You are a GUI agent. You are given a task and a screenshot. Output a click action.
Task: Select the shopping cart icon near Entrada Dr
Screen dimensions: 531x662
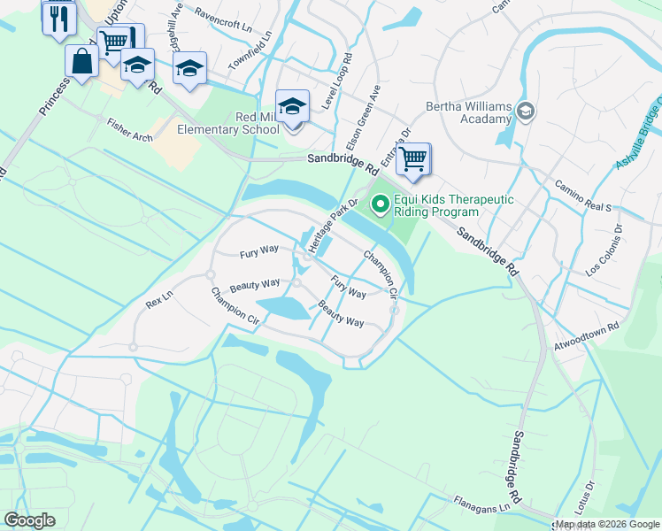pyautogui.click(x=412, y=160)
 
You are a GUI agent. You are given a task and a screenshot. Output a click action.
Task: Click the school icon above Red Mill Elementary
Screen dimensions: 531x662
pyautogui.click(x=293, y=107)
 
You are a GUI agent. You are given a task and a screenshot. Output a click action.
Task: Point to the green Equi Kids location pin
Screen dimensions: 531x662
pyautogui.click(x=381, y=205)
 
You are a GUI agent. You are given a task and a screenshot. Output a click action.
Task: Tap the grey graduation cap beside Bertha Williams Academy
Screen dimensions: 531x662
pyautogui.click(x=526, y=111)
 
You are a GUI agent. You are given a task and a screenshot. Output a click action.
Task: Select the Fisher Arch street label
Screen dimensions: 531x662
pyautogui.click(x=130, y=130)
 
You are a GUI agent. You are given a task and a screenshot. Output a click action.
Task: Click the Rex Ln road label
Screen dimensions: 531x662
pyautogui.click(x=158, y=302)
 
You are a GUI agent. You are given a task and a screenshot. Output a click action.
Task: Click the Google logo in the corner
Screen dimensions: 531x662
pyautogui.click(x=30, y=520)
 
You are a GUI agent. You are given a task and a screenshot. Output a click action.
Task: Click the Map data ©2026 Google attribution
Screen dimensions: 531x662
pyautogui.click(x=607, y=524)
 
